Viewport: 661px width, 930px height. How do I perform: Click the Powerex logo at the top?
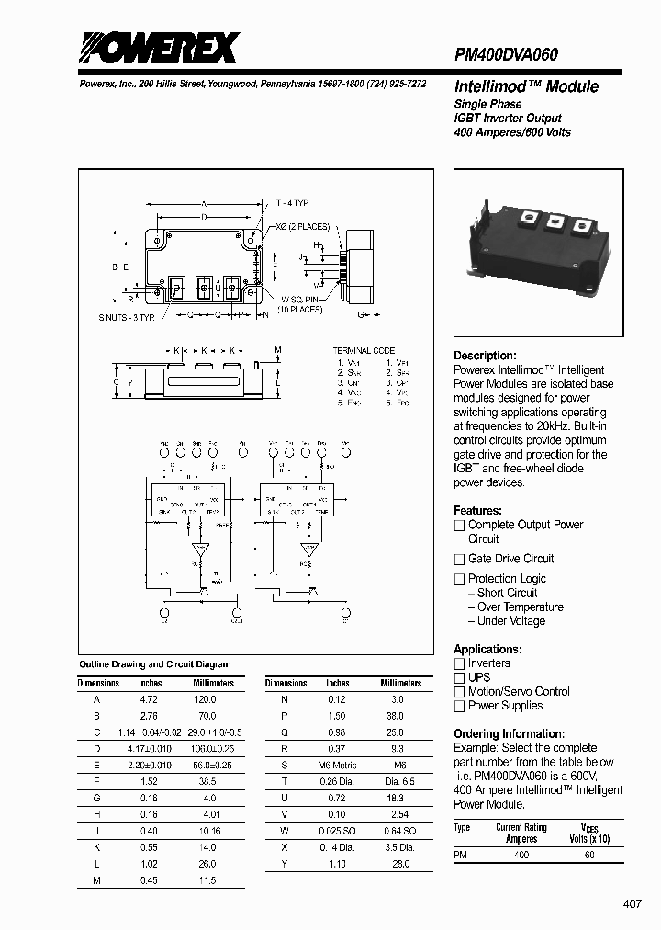pos(157,48)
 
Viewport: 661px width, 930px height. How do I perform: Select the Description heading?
pos(485,356)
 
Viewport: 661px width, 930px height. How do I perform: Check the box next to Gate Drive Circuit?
pos(459,560)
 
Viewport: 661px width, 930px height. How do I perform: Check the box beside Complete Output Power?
pos(459,526)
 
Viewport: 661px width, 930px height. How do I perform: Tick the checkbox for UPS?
pos(459,678)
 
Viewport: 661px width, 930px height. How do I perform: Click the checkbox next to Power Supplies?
pos(459,707)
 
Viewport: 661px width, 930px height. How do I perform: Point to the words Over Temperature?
pos(520,607)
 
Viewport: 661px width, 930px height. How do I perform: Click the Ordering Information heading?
pos(509,733)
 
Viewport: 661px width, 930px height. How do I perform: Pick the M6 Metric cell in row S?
pos(337,765)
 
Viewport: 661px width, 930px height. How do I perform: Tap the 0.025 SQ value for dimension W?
pos(337,831)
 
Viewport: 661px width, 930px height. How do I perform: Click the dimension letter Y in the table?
pos(285,864)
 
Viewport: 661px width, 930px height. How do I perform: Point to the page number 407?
pos(633,904)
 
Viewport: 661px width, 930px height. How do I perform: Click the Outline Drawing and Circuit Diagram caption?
pos(154,663)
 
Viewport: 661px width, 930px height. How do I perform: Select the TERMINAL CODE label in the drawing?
pos(364,350)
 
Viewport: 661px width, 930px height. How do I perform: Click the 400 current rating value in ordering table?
pos(521,855)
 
